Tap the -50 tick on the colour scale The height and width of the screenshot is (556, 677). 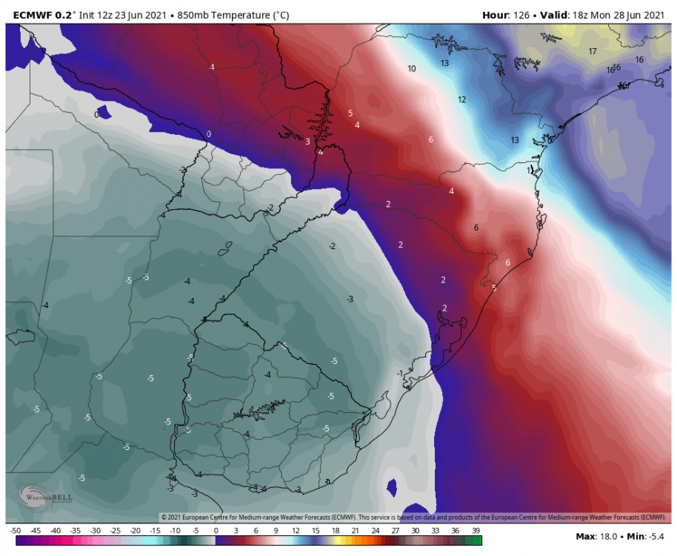point(15,531)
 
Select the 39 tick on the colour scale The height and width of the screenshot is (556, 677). point(476,531)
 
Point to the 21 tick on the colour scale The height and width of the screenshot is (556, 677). point(356,531)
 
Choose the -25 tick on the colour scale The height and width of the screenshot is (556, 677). point(115,531)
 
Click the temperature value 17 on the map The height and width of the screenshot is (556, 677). point(593,51)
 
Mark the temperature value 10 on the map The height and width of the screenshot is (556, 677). point(411,68)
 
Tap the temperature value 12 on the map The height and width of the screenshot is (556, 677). point(461,99)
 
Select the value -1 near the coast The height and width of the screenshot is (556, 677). point(400,373)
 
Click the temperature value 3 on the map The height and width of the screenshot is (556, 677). point(307,141)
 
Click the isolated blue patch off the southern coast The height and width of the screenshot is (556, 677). point(392,487)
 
